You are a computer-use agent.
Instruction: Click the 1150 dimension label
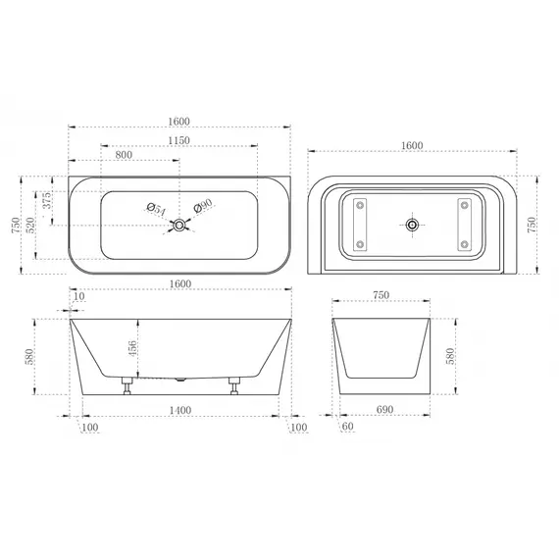pos(178,140)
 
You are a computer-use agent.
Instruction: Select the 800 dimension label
pos(124,155)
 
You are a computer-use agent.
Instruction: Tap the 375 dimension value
pos(47,200)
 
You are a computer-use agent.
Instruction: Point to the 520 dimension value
pos(30,225)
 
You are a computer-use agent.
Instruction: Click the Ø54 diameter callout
pos(156,209)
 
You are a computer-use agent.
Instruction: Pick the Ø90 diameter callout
pos(203,206)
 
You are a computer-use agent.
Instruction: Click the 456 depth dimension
pos(132,348)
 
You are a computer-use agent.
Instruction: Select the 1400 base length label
pos(180,410)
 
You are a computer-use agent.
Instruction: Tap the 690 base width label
pos(384,409)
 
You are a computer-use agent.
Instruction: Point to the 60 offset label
pos(347,426)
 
